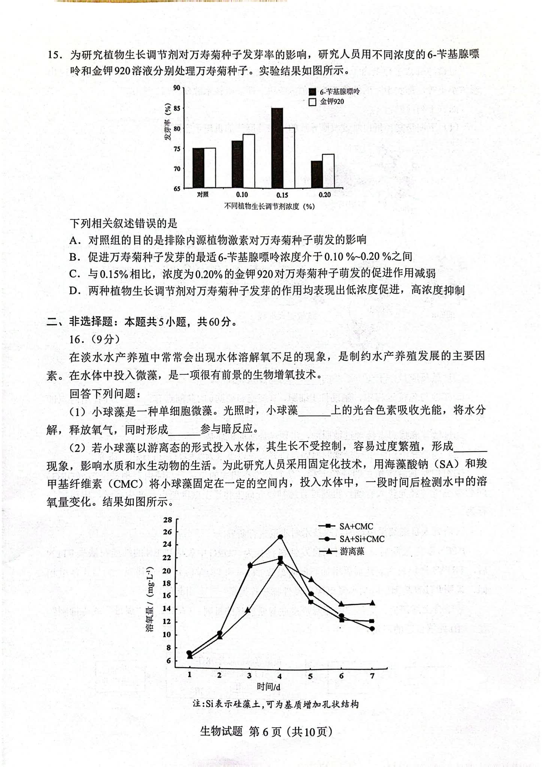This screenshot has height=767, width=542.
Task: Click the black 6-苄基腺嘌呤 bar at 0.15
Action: coord(277,148)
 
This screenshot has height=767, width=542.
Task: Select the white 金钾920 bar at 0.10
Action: coord(248,161)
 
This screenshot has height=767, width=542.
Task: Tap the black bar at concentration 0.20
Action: coord(317,175)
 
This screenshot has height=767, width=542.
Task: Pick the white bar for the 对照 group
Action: coord(209,168)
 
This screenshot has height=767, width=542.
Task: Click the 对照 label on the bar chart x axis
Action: coord(203,195)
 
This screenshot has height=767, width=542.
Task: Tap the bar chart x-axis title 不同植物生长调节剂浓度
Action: coord(269,206)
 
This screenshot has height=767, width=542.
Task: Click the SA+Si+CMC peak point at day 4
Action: coord(280,537)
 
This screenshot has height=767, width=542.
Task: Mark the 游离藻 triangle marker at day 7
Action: coord(372,603)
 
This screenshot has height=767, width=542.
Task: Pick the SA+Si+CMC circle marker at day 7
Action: coord(372,629)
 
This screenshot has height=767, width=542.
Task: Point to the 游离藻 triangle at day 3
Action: coord(248,610)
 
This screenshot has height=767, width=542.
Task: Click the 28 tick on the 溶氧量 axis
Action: coord(168,520)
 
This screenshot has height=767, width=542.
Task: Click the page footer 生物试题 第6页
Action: coord(266,731)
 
